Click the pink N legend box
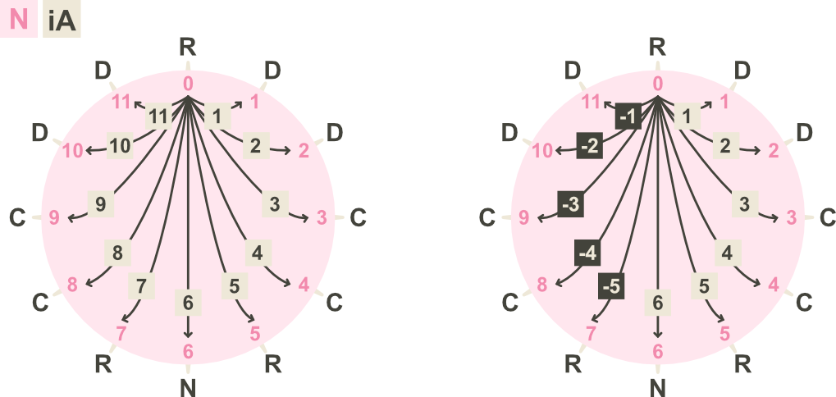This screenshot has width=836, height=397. coord(19,19)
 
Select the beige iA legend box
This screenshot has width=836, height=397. coord(62,19)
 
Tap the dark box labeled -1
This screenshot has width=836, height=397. coord(628,116)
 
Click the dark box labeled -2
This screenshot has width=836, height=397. coord(590,146)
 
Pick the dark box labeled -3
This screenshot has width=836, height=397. coord(570,204)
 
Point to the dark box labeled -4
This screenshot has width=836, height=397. coord(587,253)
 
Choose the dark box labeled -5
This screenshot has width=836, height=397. coord(611,286)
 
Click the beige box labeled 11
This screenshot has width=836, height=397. coord(159,116)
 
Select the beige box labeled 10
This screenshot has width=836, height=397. coord(120,146)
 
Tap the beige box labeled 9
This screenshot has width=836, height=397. coord(101,203)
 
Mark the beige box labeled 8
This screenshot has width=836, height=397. coord(117,253)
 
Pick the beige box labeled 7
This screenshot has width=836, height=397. coord(141,286)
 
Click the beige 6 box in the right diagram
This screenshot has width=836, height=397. coord(658,303)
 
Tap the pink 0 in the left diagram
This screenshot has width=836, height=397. coord(188,84)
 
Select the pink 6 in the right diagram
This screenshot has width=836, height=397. coord(658,352)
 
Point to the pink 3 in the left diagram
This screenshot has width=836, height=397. coord(322,217)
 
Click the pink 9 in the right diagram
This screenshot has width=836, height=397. coord(524,217)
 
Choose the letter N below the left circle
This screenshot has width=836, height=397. coord(188,389)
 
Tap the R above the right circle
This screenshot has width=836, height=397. coord(657,48)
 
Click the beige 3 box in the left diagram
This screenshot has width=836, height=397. coord(275,204)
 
